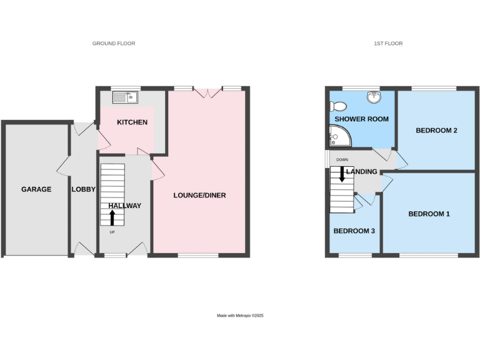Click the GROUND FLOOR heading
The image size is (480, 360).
114,44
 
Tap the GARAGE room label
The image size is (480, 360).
36,189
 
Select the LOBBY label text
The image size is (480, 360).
83,189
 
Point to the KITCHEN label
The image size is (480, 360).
132,122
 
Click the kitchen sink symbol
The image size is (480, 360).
125,97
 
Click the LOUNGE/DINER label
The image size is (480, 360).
199,196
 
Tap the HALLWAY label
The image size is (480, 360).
124,206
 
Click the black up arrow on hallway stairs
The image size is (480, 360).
112,217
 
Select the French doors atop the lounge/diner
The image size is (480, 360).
207,92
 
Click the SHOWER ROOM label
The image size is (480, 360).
362,119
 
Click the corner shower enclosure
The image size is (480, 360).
337,134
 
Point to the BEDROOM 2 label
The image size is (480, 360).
437,131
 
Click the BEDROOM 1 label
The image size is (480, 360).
429,214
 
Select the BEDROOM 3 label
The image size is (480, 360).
354,231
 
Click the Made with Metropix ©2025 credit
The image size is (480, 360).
240,316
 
